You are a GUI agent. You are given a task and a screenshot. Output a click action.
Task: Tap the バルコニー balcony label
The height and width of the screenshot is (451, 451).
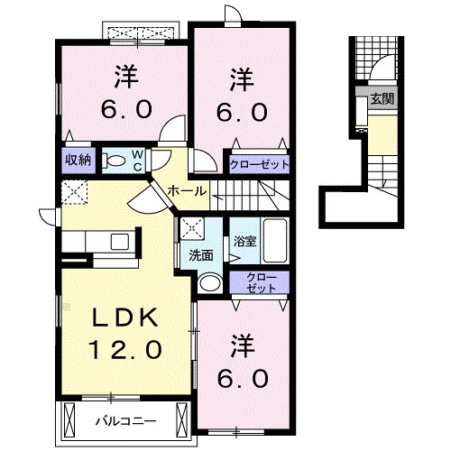(x=126, y=419)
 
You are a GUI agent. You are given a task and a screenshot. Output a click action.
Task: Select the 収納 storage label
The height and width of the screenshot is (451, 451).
(x=77, y=160)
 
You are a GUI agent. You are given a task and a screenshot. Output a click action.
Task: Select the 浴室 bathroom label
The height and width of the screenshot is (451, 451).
(x=242, y=241)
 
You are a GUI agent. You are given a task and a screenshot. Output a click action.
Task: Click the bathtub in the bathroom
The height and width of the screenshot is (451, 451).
(x=272, y=242)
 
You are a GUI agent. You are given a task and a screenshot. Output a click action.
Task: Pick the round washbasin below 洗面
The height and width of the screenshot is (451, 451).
(x=207, y=283)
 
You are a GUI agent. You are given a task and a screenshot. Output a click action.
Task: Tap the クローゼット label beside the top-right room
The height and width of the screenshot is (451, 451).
(x=260, y=164)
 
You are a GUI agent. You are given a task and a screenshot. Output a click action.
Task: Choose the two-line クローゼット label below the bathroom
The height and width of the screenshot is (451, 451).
(x=260, y=281)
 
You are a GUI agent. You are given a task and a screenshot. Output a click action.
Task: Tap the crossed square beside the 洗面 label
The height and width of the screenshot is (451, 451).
(x=191, y=228)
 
